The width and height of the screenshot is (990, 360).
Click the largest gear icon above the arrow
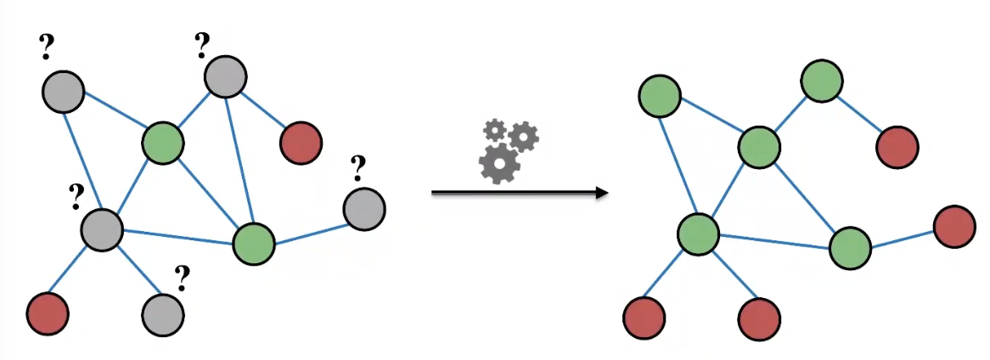498,163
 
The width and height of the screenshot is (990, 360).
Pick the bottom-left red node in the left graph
48,313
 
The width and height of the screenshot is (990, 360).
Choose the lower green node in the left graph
254,243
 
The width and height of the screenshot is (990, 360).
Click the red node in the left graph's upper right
301,141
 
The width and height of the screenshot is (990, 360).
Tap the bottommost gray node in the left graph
162,314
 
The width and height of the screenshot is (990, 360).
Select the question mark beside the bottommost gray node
181,277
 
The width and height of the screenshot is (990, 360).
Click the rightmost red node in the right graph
953,227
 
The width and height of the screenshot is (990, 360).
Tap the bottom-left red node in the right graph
644,319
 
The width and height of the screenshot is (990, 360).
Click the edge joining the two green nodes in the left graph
208,192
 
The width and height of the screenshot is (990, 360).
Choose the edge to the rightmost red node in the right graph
902,238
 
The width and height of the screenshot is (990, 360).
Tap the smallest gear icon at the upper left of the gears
493,130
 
